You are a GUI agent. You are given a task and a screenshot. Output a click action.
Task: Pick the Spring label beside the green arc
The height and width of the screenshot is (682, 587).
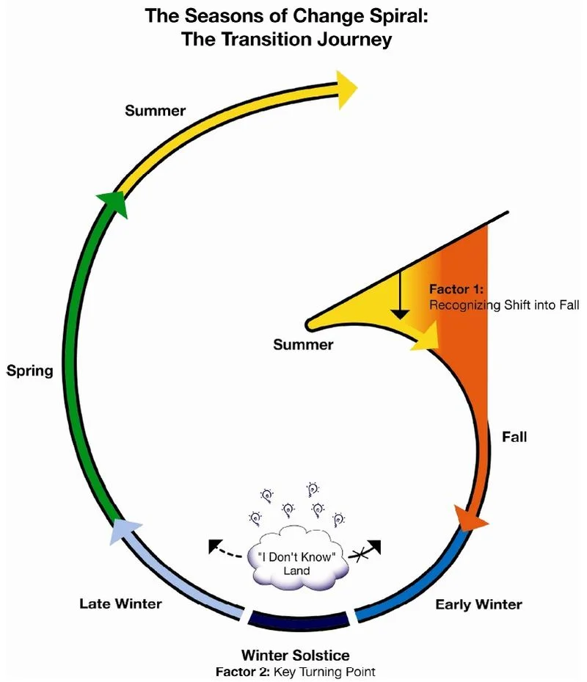30,371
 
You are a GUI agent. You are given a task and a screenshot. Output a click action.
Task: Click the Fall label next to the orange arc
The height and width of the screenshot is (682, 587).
514,437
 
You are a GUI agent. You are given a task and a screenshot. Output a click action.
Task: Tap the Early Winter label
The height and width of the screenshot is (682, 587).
478,605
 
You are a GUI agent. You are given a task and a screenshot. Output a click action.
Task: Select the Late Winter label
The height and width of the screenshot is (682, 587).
120,604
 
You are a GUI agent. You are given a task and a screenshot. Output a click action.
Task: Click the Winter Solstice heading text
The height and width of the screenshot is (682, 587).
296,654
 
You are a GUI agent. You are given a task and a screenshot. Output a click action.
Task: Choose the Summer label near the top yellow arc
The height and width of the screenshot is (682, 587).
155,111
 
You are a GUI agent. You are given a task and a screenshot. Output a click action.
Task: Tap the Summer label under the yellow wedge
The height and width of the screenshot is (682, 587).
303,344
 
